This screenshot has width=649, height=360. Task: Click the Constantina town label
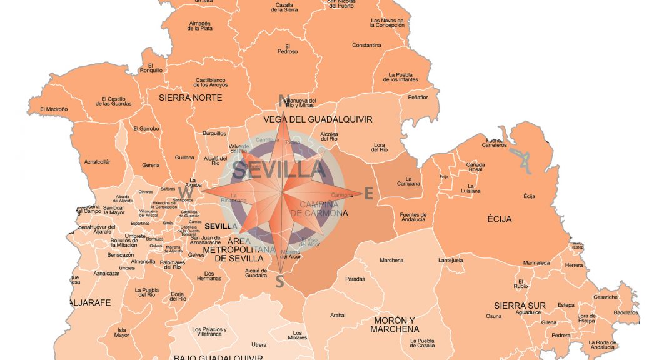coord(366,46)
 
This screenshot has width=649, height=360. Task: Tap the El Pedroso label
coord(288,49)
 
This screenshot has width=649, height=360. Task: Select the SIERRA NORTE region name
coord(190,98)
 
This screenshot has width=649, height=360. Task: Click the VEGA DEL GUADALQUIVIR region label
coord(318,119)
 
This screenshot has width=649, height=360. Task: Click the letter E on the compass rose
coord(369,194)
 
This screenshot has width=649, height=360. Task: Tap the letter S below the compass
coord(280,282)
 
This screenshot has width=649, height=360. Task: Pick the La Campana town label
coord(408,181)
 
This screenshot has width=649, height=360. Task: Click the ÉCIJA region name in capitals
coord(500,219)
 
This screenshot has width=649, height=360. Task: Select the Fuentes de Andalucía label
coord(413,217)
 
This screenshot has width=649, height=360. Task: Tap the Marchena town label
coord(391,261)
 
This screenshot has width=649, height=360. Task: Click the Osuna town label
coord(493,316)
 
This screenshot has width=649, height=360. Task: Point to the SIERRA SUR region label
coord(520,306)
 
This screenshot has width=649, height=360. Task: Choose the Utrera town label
coord(258,345)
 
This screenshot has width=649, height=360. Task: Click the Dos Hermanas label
coord(213,276)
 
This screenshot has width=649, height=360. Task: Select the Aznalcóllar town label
coord(97,162)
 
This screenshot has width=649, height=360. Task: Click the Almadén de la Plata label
coord(200,26)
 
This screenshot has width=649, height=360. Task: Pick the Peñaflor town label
coord(418,97)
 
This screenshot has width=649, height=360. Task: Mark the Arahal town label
coord(338,315)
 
